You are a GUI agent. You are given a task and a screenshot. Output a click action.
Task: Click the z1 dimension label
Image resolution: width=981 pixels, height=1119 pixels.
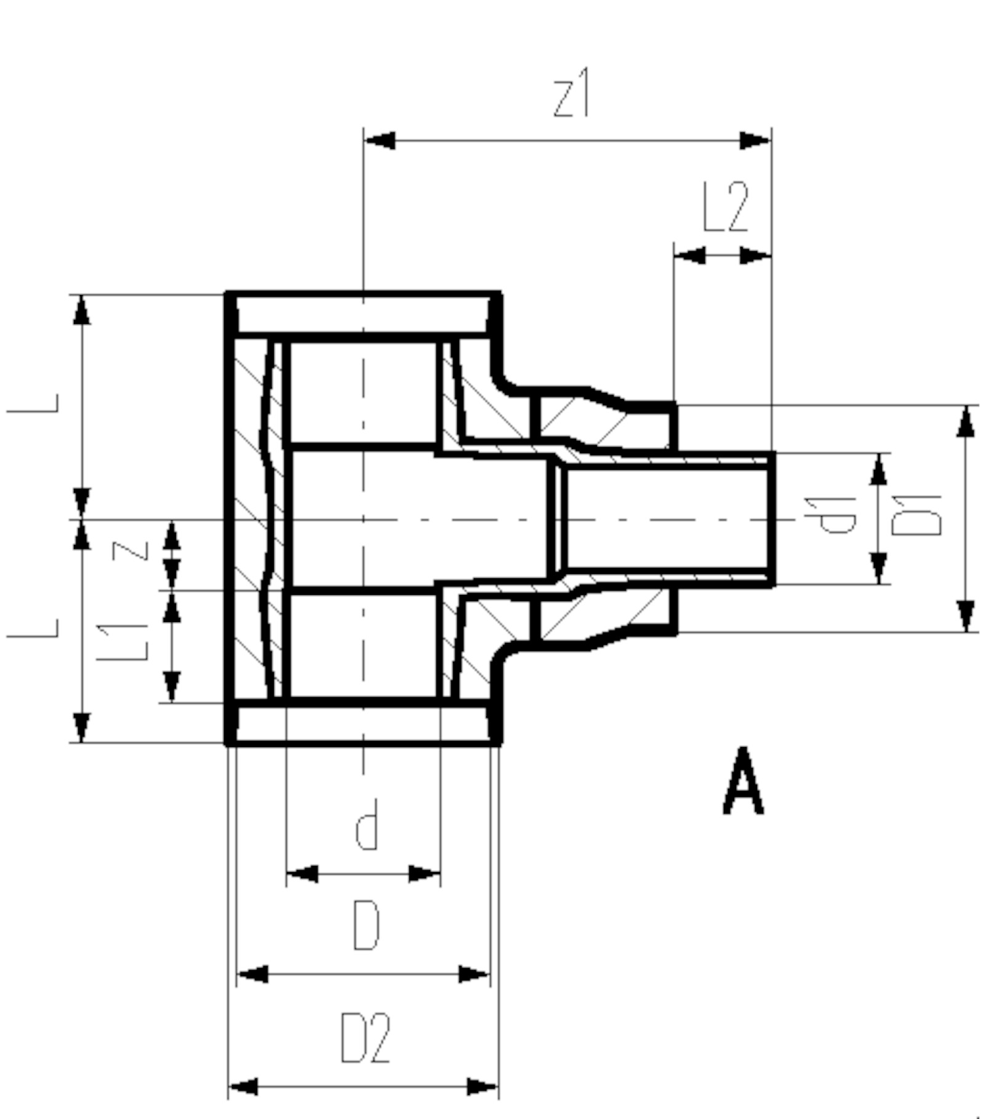pos(572,93)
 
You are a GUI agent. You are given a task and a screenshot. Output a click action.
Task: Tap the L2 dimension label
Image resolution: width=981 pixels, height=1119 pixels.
pos(726,207)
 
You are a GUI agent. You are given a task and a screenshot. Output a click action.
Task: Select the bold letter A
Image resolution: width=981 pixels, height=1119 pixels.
pos(743,780)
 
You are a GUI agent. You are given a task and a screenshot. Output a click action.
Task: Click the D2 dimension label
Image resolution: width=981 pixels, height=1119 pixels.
pos(366,1039)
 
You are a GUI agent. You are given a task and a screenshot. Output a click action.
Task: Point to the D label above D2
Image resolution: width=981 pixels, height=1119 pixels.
pos(366,926)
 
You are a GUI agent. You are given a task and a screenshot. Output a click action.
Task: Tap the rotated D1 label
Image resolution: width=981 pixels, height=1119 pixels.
pos(917,514)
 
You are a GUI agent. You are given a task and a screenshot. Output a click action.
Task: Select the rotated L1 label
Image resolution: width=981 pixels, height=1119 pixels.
pos(124,642)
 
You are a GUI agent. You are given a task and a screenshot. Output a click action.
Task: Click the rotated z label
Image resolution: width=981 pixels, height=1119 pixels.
pos(130,551)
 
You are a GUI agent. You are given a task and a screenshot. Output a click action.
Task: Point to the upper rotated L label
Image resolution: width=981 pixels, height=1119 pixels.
pos(33,403)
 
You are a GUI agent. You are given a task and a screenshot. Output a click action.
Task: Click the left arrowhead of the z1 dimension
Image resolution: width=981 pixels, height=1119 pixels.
pos(379,140)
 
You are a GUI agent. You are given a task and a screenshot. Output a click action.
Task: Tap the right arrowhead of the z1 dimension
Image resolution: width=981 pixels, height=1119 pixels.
pos(755,140)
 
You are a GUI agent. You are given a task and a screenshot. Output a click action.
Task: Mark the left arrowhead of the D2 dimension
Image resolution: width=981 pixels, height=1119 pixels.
pos(243,1086)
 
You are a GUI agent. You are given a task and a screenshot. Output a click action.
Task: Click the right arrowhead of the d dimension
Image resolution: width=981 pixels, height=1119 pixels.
pos(425,873)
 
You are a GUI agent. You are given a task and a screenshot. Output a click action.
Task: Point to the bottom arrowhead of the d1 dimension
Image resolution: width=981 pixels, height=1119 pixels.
pos(879,568)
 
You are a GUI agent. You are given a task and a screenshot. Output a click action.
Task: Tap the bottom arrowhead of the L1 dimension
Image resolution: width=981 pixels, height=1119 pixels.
pos(172,687)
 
